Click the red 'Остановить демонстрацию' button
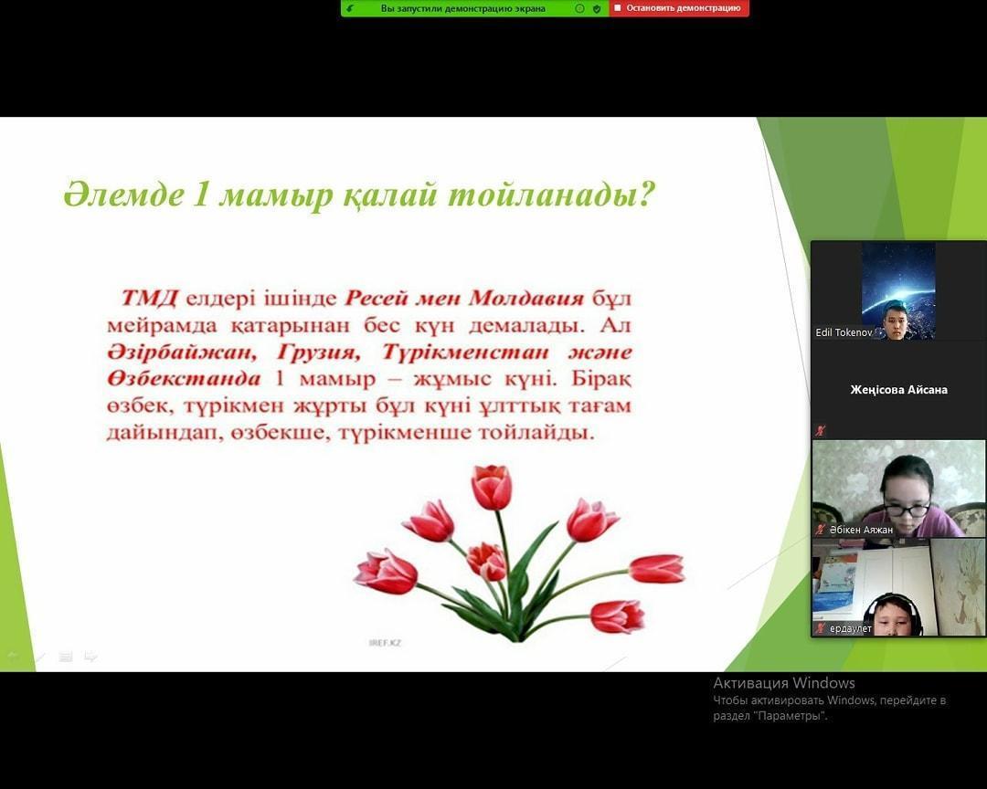[x=678, y=8]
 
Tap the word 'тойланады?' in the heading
[x=551, y=195]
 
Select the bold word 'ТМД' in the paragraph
[x=149, y=298]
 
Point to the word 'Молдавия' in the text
[x=526, y=298]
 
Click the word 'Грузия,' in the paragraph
[x=319, y=352]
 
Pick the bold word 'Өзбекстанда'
[x=183, y=379]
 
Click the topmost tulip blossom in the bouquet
[x=492, y=487]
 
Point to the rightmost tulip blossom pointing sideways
[x=656, y=569]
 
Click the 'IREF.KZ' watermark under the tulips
[x=385, y=642]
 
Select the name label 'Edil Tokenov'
[x=844, y=332]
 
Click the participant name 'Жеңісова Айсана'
[x=898, y=390]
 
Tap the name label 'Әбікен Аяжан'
[x=861, y=530]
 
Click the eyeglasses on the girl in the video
[x=906, y=508]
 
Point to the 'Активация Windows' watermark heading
[x=784, y=683]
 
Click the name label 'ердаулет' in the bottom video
[x=851, y=628]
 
